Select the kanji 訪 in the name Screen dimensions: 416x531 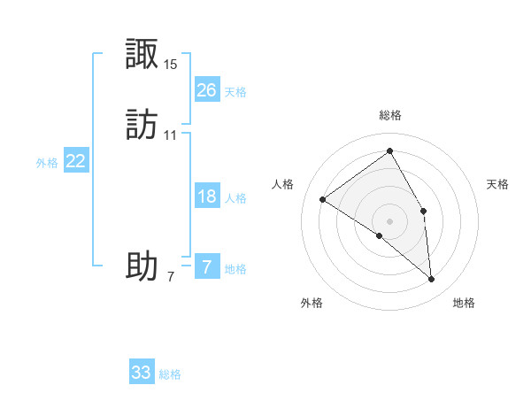coord(142,126)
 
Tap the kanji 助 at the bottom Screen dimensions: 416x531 coord(142,266)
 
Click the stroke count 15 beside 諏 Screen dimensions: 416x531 coord(171,65)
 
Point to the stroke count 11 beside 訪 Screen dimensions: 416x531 coord(171,135)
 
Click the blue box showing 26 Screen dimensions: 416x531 coord(206,89)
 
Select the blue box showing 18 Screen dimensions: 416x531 coord(206,196)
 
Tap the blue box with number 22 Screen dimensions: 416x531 coord(76,161)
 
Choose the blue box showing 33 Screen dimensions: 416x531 coord(142,373)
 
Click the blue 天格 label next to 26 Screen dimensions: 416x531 coord(235,92)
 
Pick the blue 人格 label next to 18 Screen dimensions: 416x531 coord(235,198)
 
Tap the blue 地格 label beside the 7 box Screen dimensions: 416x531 coord(235,269)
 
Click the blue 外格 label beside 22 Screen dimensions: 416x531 coord(47,163)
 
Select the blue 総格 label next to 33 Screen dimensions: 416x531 coord(170,374)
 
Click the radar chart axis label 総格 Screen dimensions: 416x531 coord(389,115)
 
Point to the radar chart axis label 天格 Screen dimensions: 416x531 coord(498,184)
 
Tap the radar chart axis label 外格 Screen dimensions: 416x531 coord(312,303)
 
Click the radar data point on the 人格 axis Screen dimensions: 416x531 coord(322,199)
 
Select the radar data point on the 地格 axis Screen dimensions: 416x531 coord(431,279)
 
